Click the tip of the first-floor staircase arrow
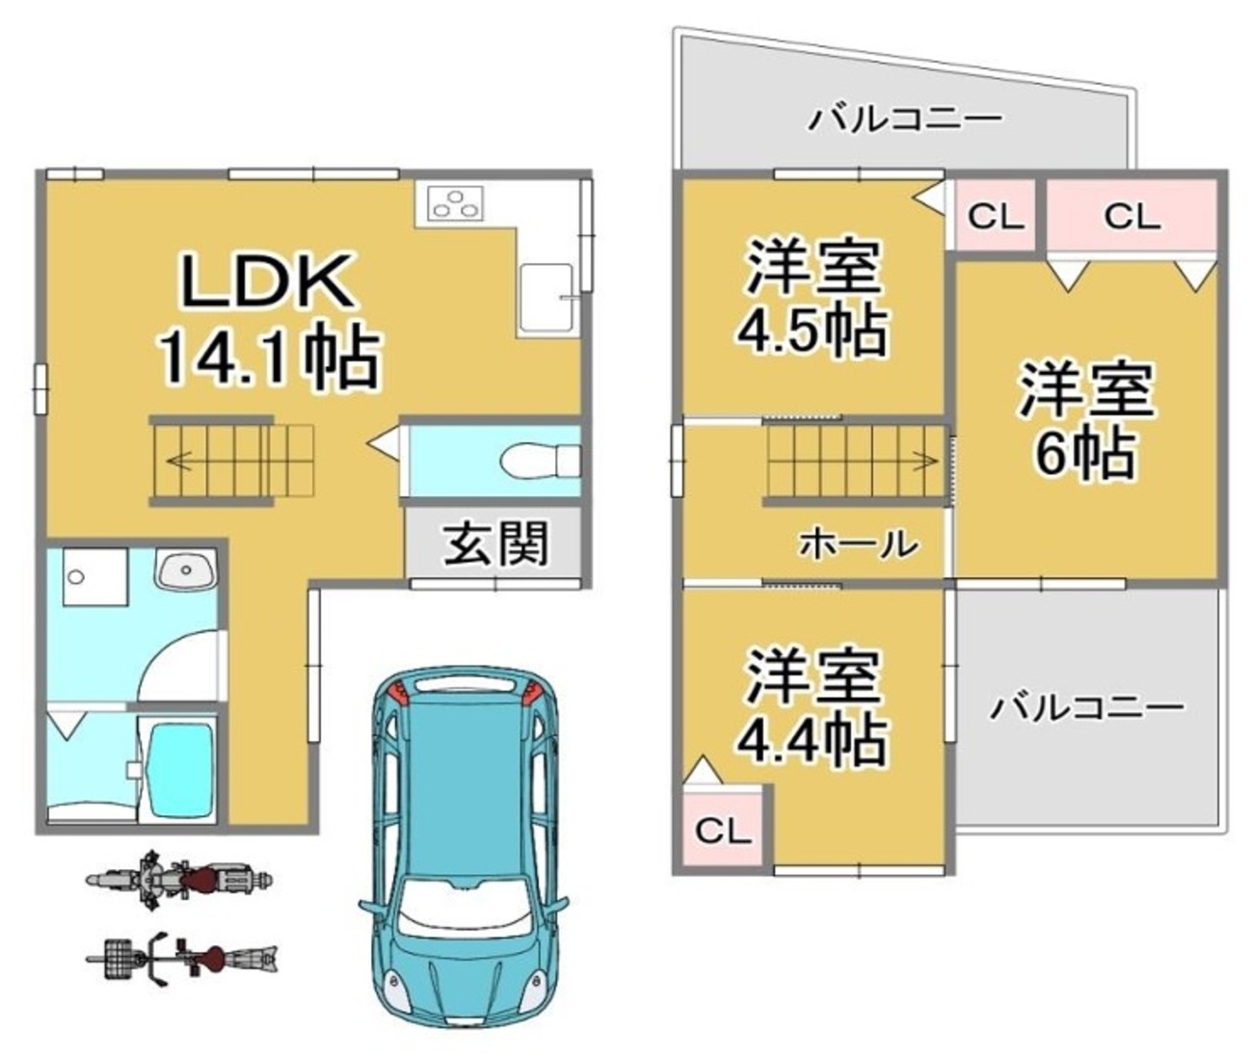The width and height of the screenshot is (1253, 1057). click(168, 462)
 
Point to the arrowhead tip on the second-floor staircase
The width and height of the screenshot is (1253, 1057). click(938, 461)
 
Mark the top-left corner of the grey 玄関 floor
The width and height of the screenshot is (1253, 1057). click(407, 509)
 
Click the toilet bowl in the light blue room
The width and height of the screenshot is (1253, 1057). click(540, 461)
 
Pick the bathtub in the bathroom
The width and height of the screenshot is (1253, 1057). click(180, 770)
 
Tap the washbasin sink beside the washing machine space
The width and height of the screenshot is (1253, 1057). click(185, 568)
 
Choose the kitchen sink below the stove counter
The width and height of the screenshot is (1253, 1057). click(547, 298)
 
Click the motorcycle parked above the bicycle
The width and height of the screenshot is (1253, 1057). click(179, 880)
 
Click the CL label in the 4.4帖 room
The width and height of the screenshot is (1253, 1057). click(723, 832)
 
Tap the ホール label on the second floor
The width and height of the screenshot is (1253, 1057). click(858, 544)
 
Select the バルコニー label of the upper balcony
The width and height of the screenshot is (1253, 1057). click(904, 119)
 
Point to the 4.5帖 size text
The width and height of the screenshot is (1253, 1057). click(812, 331)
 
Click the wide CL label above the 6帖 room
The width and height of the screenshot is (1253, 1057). click(1132, 216)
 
